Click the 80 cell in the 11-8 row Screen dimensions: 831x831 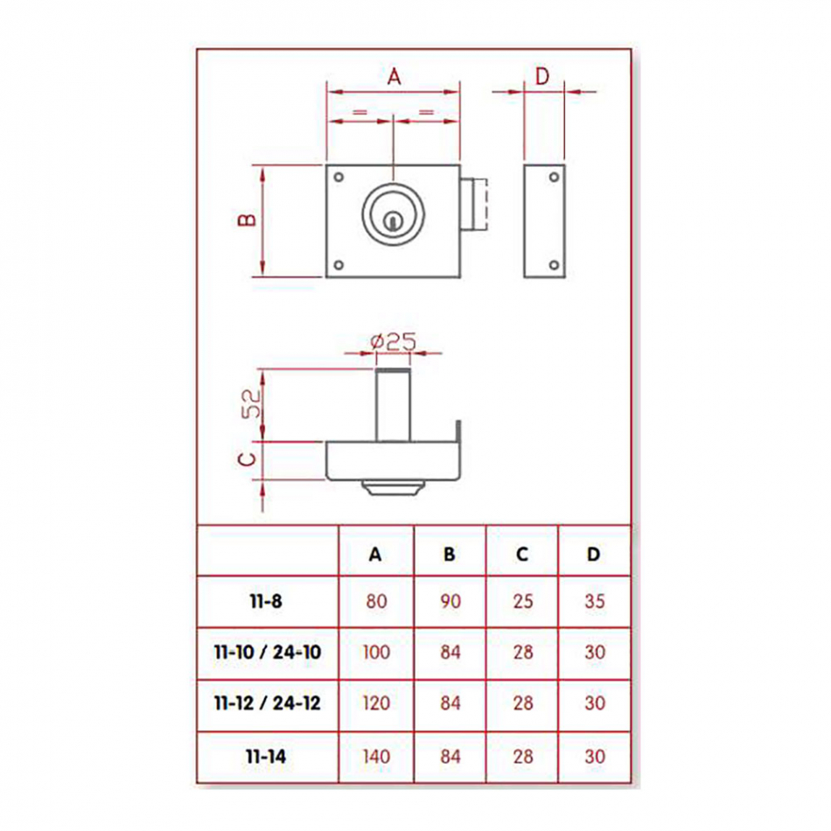(376, 602)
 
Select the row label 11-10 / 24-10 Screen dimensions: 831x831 (268, 652)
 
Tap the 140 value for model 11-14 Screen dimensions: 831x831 (376, 757)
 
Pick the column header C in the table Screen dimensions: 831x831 (522, 555)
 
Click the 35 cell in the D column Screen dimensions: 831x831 (595, 602)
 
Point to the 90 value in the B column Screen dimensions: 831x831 (450, 602)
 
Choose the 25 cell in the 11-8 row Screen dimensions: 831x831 (523, 602)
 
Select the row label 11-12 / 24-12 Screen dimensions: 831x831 (268, 703)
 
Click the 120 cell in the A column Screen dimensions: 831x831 (376, 703)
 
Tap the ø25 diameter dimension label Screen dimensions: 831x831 (394, 342)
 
